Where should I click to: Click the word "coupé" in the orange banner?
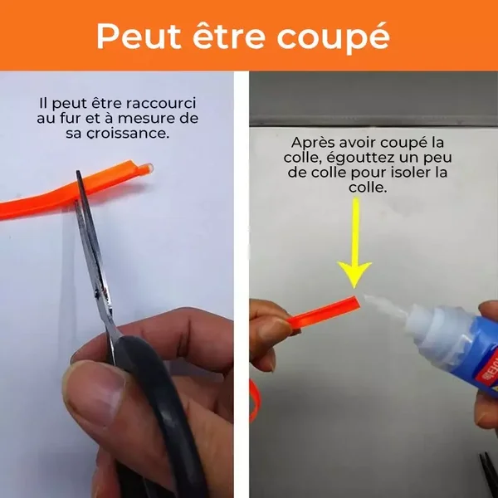333,38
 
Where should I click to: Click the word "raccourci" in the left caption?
161,104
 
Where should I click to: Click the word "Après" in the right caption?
313,144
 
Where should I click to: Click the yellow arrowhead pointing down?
354,274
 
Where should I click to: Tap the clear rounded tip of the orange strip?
147,168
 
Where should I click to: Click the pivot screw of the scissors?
96,295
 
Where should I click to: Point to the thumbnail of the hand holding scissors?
92,390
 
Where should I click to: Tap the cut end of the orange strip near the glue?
356,302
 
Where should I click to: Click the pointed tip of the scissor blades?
77,173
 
